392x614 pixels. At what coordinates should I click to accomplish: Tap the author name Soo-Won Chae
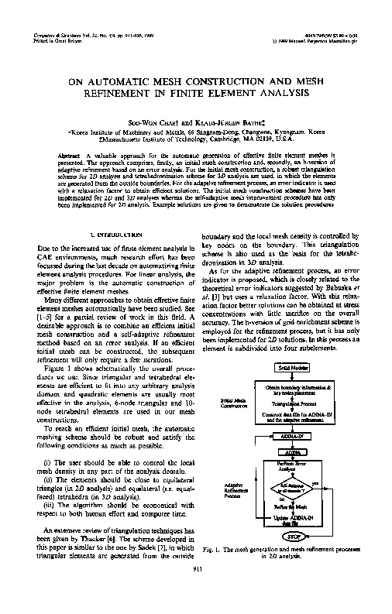[156, 122]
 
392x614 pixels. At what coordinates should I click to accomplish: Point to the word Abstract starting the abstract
[70, 156]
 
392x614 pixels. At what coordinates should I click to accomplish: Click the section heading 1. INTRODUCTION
[117, 233]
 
